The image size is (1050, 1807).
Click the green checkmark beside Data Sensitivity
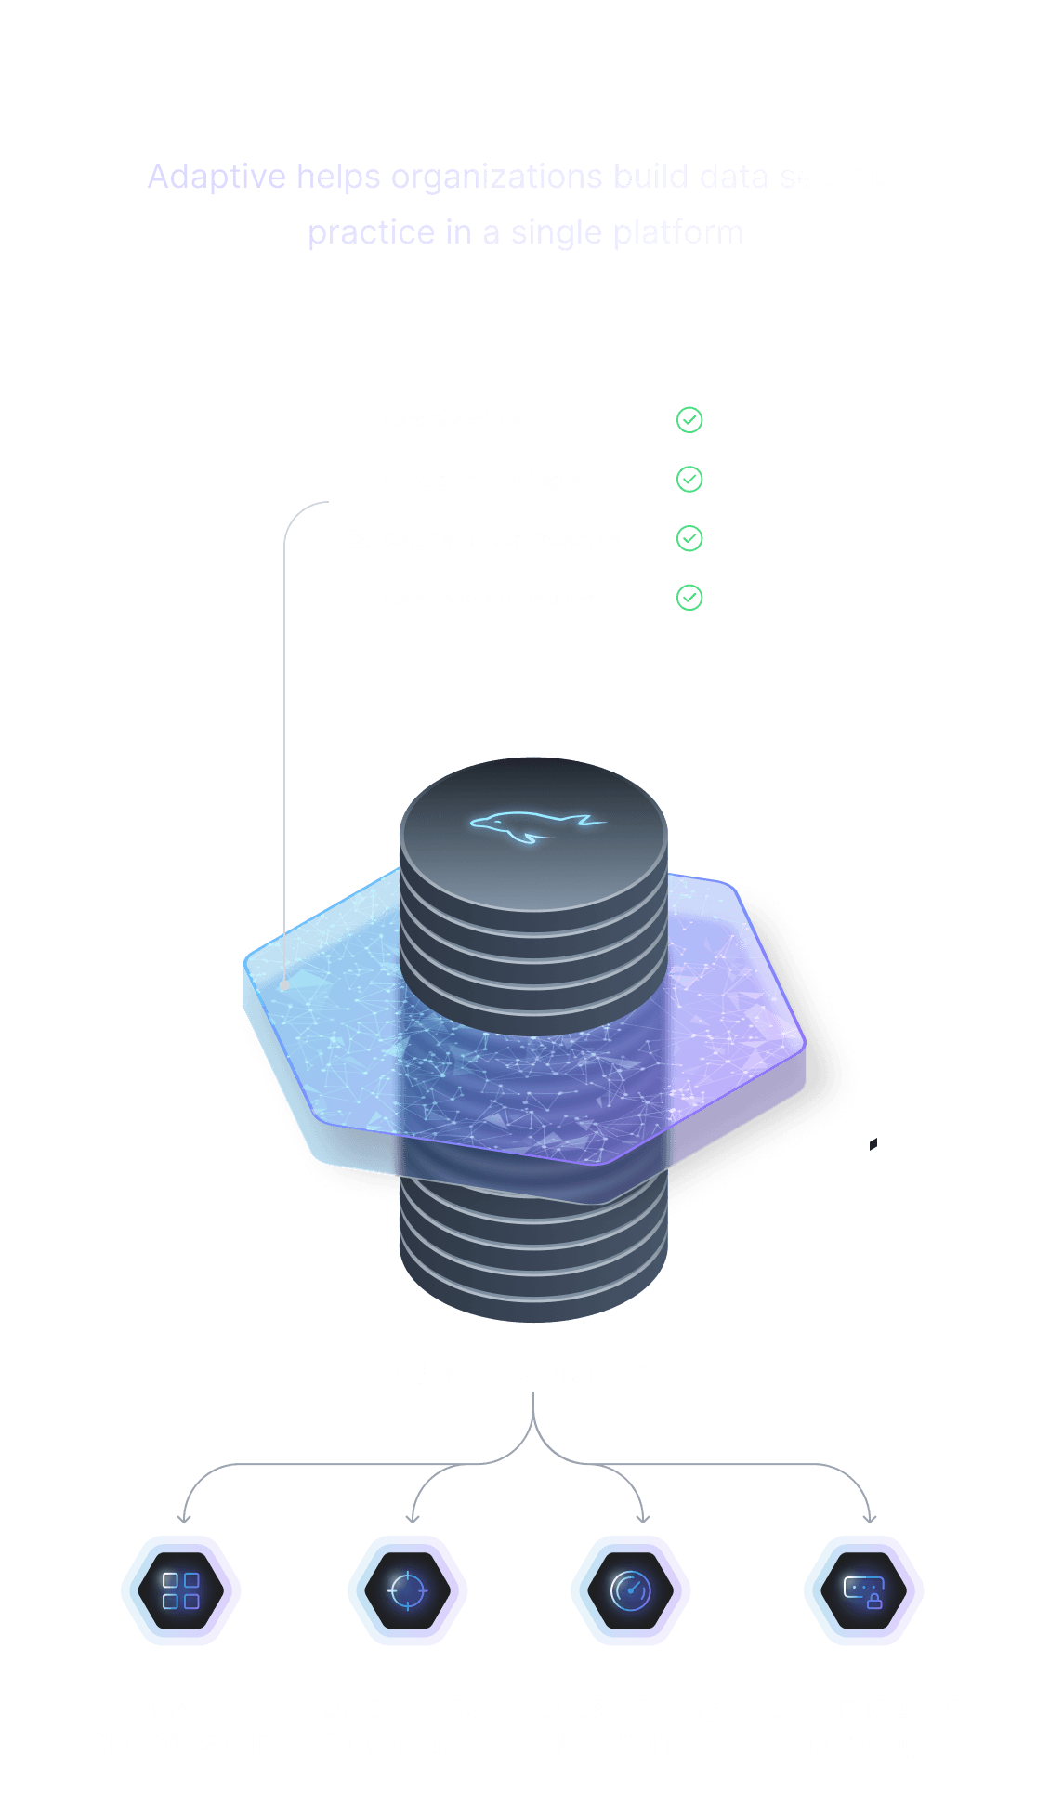[689, 420]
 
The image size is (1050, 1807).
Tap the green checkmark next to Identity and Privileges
[689, 480]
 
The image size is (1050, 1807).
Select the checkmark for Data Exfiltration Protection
[689, 538]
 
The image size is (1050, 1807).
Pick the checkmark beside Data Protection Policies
[689, 598]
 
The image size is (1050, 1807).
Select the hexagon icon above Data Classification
[181, 1590]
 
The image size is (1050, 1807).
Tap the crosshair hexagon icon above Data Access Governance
[408, 1590]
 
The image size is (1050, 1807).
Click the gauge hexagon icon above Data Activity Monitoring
[631, 1590]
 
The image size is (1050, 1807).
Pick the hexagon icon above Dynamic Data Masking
[863, 1590]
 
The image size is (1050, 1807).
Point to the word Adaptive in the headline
[217, 177]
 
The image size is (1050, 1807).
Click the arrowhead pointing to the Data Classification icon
[184, 1519]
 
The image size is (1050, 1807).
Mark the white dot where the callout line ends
[284, 985]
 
